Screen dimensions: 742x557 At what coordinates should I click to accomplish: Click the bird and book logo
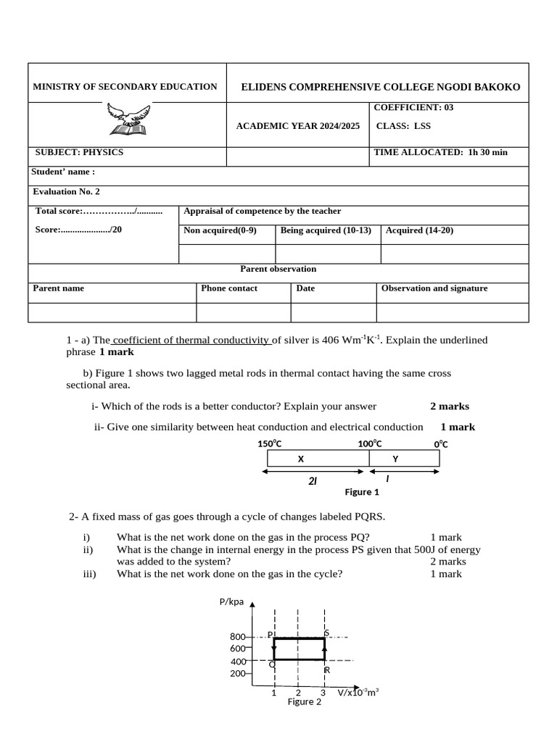(128, 119)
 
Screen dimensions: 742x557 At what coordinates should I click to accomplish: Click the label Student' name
(63, 172)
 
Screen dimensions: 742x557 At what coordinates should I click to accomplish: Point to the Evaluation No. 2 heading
(67, 191)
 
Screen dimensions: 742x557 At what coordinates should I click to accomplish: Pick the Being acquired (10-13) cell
(326, 230)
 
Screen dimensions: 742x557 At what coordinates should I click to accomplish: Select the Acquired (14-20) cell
(420, 230)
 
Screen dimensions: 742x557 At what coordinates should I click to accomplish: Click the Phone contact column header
(229, 288)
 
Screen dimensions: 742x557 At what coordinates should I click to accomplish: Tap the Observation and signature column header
(434, 288)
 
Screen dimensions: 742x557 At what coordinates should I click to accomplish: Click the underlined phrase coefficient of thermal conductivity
(192, 340)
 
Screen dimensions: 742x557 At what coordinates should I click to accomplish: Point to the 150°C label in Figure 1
(269, 444)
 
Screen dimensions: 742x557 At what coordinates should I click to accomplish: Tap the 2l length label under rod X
(313, 481)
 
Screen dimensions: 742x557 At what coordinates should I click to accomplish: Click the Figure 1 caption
(362, 492)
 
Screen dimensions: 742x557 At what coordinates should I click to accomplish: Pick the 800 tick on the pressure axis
(238, 636)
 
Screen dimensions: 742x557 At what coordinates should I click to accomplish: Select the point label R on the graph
(327, 670)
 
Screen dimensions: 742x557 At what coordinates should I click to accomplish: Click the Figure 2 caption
(304, 701)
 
